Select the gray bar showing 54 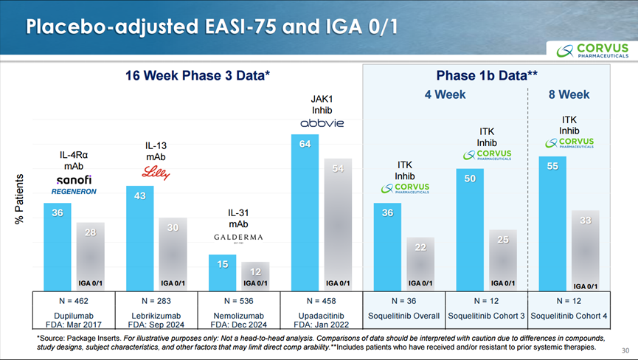pyautogui.click(x=338, y=224)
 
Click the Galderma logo pyautogui.click(x=237, y=238)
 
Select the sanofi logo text pyautogui.click(x=74, y=180)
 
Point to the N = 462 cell pyautogui.click(x=74, y=302)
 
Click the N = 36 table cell pyautogui.click(x=403, y=302)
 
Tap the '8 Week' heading pyautogui.click(x=569, y=94)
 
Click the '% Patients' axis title pyautogui.click(x=20, y=200)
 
